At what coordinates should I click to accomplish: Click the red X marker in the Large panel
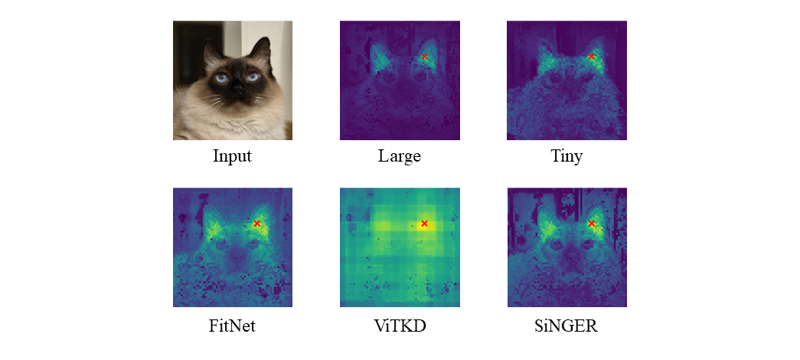[425, 57]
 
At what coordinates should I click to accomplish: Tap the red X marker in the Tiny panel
[591, 57]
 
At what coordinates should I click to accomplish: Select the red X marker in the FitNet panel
[257, 224]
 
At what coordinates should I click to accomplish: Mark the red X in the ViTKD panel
[424, 224]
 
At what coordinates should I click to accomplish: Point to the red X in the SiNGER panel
[591, 224]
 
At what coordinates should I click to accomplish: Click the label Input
[232, 158]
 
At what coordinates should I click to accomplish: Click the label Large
[400, 158]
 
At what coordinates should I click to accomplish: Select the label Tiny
[567, 158]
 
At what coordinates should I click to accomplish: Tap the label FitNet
[232, 326]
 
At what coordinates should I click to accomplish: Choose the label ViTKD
[400, 326]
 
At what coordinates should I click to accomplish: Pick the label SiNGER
[567, 326]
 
